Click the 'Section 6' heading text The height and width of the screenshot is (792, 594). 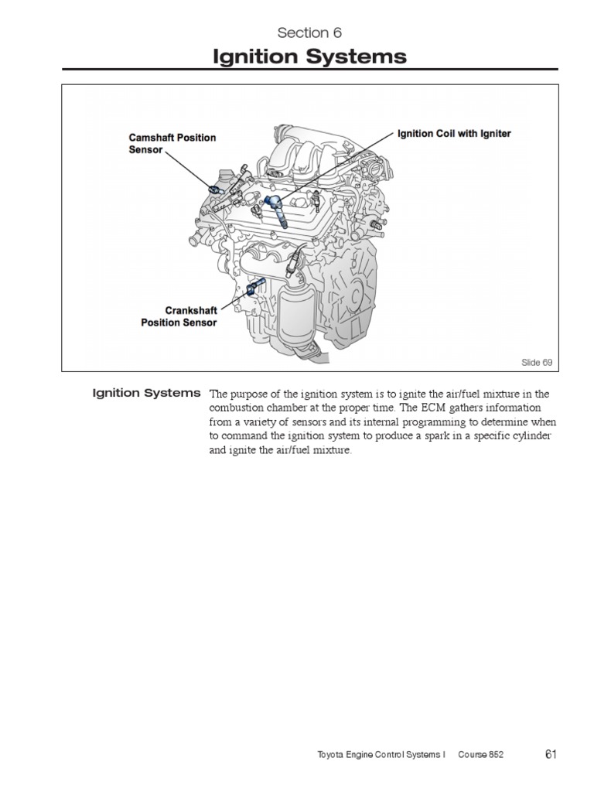tap(309, 32)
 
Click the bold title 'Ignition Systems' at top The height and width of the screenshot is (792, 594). tap(309, 56)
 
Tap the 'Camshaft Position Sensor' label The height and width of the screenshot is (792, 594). tap(172, 143)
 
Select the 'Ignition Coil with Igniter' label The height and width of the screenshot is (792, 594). tap(454, 133)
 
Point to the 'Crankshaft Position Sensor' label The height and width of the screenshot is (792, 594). tap(179, 316)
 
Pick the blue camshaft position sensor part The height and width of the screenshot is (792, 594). tap(216, 188)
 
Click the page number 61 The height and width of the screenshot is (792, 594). tap(551, 754)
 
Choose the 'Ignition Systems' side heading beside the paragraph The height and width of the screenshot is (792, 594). tap(146, 393)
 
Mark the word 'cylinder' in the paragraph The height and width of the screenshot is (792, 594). tap(527, 437)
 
